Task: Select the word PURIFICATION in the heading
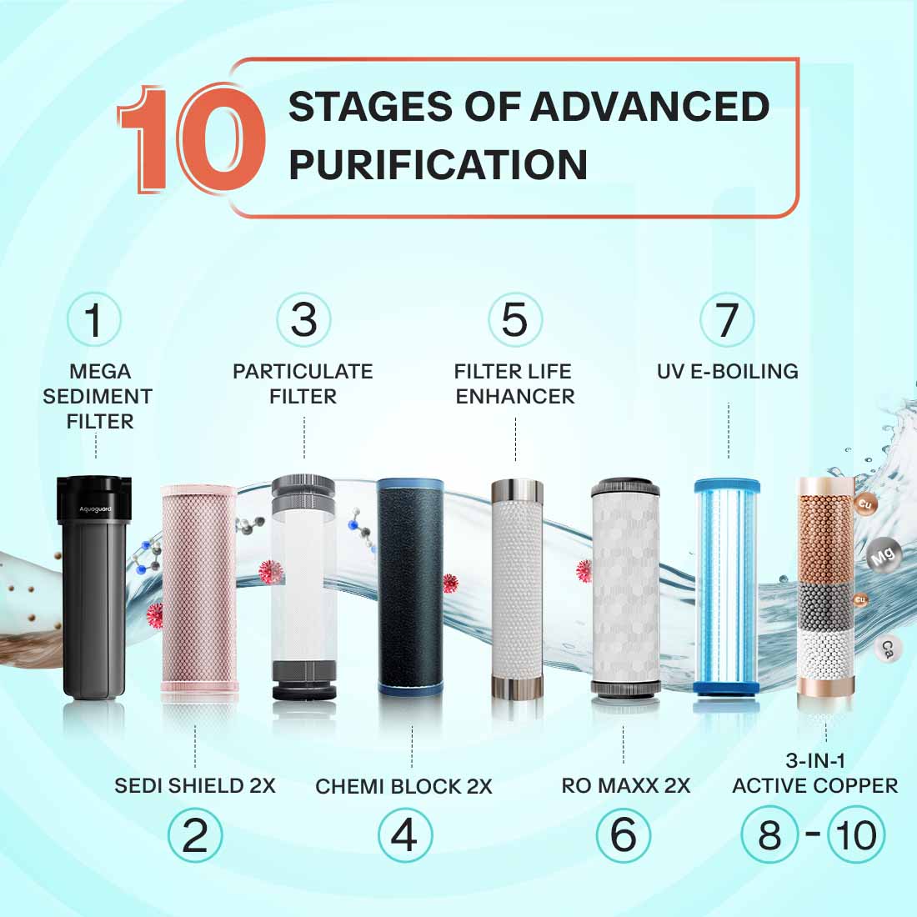pos(438,164)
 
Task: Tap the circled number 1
pos(94,320)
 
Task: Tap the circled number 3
pos(304,320)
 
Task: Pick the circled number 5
pos(515,320)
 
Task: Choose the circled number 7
pos(728,320)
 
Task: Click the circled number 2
pos(195,835)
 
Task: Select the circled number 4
pos(405,835)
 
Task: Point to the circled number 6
pos(624,835)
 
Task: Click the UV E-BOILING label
pos(728,371)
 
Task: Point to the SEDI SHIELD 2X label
pos(195,785)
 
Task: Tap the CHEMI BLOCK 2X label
pos(404,786)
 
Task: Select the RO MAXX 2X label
pos(625,785)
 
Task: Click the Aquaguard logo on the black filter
pos(94,509)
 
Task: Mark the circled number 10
pos(855,835)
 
